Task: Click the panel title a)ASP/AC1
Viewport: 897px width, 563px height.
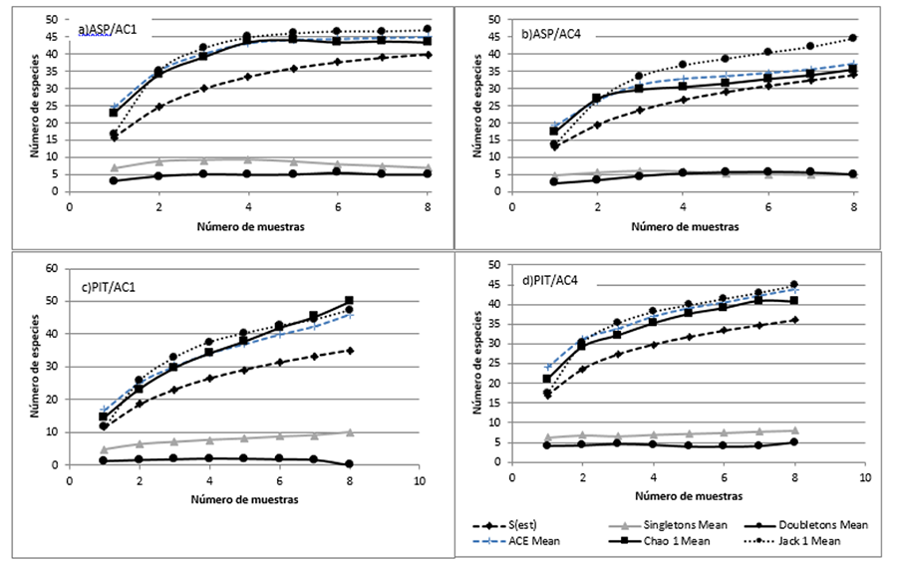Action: click(108, 30)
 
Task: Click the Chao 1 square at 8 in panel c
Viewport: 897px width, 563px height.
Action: click(350, 300)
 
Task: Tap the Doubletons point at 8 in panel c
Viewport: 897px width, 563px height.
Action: click(350, 463)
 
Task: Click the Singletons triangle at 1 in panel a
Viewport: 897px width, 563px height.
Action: click(114, 168)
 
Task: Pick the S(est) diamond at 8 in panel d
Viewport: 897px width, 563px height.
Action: click(793, 320)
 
